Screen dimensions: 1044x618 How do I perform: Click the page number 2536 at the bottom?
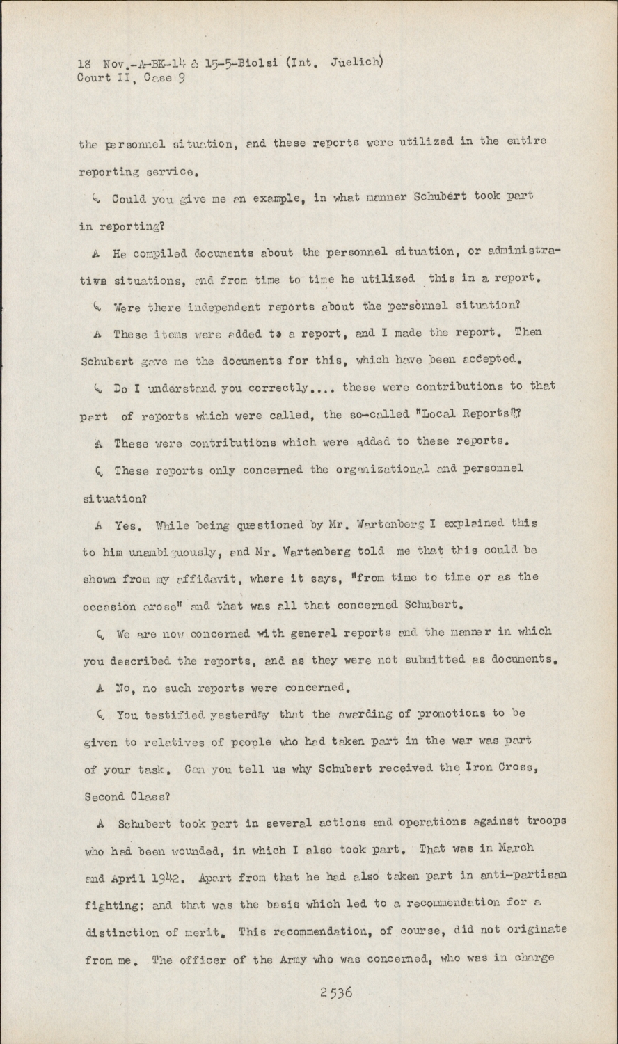pyautogui.click(x=336, y=992)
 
